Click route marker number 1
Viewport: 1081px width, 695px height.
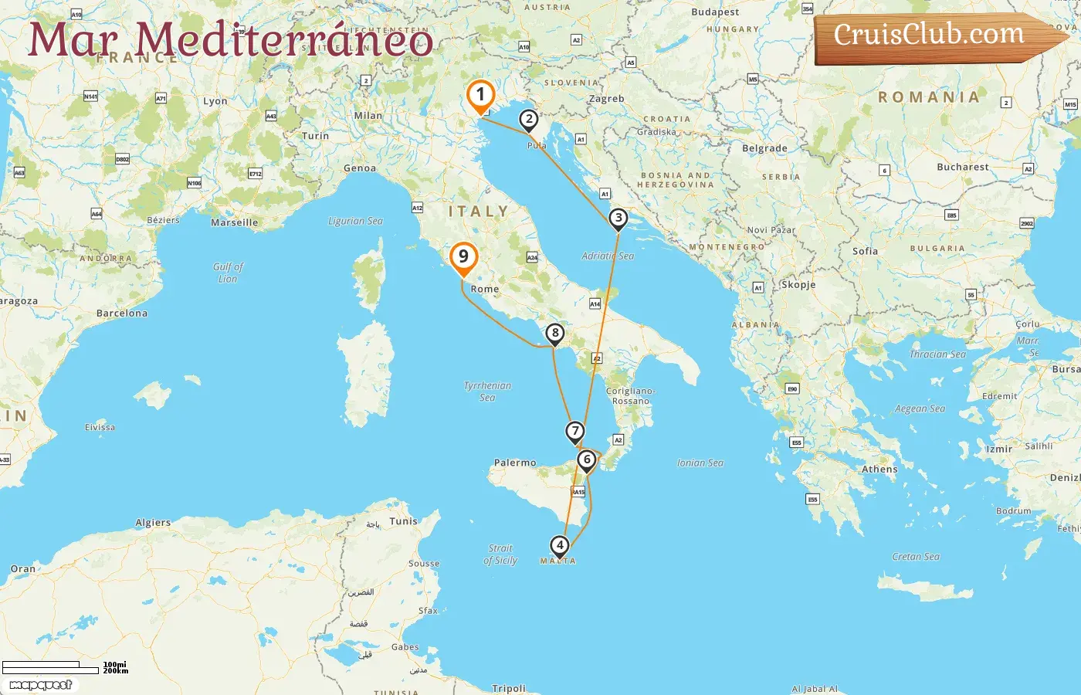[480, 96]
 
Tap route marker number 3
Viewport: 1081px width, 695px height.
[618, 218]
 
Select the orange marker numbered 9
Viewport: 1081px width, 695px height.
[463, 257]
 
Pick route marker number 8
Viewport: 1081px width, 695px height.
[554, 334]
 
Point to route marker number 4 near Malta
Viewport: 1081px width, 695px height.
[560, 545]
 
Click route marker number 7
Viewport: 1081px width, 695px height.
[575, 431]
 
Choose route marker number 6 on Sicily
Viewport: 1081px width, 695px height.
[587, 459]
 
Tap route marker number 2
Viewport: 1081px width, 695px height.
[529, 119]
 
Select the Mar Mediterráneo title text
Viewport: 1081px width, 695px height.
[230, 39]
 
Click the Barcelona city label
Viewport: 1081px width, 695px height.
[122, 314]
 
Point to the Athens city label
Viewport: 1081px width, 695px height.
[879, 470]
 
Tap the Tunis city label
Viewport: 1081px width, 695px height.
[403, 521]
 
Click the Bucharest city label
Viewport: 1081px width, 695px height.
[962, 167]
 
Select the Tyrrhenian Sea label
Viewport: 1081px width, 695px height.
[487, 391]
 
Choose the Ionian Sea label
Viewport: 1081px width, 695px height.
[700, 463]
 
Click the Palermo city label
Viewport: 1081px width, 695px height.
[515, 463]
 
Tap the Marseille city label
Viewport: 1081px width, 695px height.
[235, 222]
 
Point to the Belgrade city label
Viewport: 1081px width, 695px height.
[764, 148]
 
